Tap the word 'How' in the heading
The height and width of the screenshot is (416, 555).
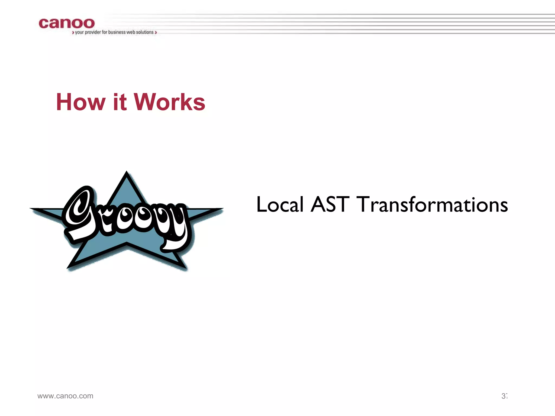[x=80, y=102]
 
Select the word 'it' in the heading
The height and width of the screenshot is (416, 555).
[x=120, y=102]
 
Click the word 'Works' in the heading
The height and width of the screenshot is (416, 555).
[x=170, y=102]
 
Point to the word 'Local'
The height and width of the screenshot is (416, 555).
[x=280, y=204]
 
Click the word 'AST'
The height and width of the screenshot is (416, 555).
[x=330, y=204]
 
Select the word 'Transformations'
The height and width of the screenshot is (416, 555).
[x=432, y=204]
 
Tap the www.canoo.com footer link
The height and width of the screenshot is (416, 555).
[x=65, y=396]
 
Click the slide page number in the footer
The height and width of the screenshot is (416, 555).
[x=504, y=396]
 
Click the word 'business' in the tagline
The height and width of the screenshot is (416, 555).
[x=117, y=32]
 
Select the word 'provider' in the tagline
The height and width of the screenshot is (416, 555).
[x=93, y=32]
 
